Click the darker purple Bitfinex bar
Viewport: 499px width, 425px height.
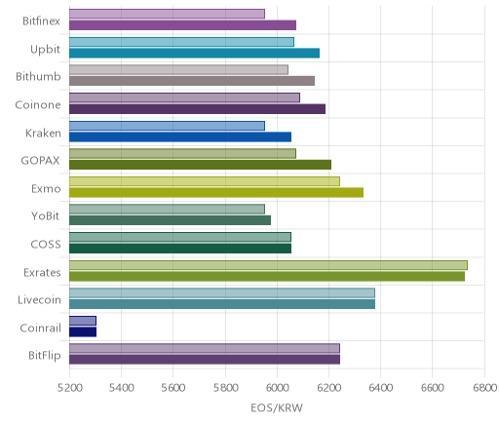[x=182, y=25]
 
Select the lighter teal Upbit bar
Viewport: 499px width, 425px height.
[x=181, y=42]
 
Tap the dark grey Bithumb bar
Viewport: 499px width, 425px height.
[x=192, y=81]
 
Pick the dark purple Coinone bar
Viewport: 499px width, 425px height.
[x=197, y=109]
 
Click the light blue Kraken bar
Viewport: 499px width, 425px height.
[x=167, y=126]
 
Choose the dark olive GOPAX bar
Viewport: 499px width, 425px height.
[x=200, y=165]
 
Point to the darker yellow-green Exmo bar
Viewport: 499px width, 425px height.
[x=216, y=193]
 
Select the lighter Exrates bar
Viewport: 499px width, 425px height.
[x=268, y=265]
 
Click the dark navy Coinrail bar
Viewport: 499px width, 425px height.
[x=83, y=332]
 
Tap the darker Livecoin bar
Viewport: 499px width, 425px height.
[x=222, y=304]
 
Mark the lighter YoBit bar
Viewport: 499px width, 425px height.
[x=167, y=210]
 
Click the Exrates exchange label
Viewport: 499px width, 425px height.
[x=42, y=272]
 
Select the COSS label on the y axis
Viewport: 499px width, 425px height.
[x=46, y=245]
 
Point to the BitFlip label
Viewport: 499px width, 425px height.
[x=45, y=356]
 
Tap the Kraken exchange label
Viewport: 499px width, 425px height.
[x=43, y=134]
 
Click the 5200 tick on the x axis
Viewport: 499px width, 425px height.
[x=69, y=388]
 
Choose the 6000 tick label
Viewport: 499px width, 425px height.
[x=277, y=388]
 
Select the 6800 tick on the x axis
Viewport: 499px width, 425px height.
[x=484, y=388]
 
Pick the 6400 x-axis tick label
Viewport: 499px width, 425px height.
[x=381, y=388]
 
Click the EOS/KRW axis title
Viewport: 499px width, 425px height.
[x=277, y=407]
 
